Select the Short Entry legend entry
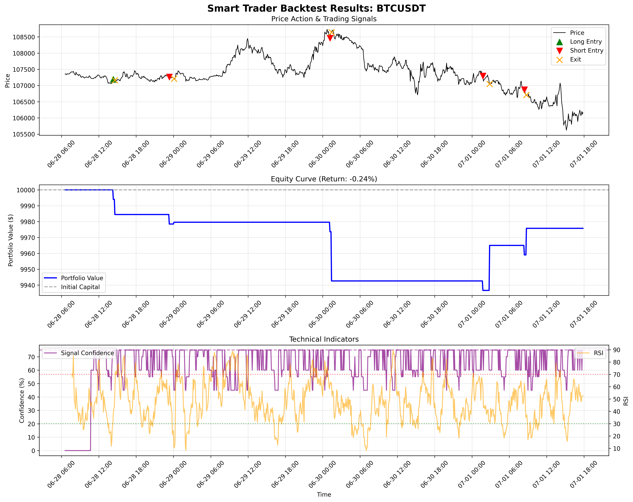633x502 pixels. point(586,51)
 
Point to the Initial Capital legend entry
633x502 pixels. point(80,287)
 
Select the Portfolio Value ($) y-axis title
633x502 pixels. point(11,240)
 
